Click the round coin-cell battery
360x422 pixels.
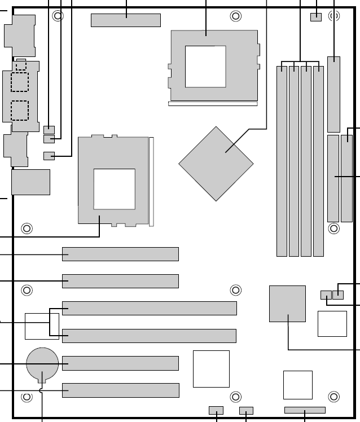coord(42,363)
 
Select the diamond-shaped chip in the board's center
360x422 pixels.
coord(216,164)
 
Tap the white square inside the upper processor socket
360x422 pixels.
coord(205,67)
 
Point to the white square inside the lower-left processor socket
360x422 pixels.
coord(114,188)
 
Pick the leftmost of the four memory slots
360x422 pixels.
coord(282,161)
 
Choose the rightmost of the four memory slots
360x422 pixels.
coord(318,161)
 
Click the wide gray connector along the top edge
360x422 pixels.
coord(125,20)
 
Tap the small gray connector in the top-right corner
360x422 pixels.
coord(315,16)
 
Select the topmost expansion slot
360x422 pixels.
coord(120,254)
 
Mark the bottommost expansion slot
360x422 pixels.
coord(120,390)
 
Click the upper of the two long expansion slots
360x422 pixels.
coord(150,308)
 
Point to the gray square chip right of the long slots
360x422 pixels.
coord(287,304)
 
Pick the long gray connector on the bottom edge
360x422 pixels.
coord(305,410)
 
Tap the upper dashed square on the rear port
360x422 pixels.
coord(20,82)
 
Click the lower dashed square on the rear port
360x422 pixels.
coord(20,110)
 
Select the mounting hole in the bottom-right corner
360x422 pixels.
coord(333,396)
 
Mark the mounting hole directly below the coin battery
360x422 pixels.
coord(27,397)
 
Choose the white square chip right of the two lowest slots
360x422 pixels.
coord(211,369)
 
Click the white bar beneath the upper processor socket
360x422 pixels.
coord(213,104)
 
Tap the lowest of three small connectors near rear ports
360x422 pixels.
coord(49,156)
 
